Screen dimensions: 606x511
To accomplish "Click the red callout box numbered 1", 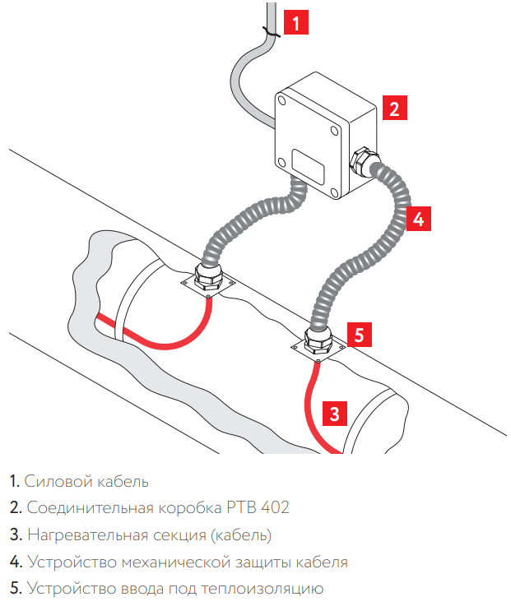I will [x=295, y=21].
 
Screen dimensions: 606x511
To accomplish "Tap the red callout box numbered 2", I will [x=394, y=108].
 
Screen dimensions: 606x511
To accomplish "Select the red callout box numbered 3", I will [x=332, y=413].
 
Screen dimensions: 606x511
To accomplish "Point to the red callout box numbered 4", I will [x=418, y=219].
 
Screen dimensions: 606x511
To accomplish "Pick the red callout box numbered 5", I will [x=360, y=335].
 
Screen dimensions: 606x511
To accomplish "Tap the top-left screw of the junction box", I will [x=282, y=101].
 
